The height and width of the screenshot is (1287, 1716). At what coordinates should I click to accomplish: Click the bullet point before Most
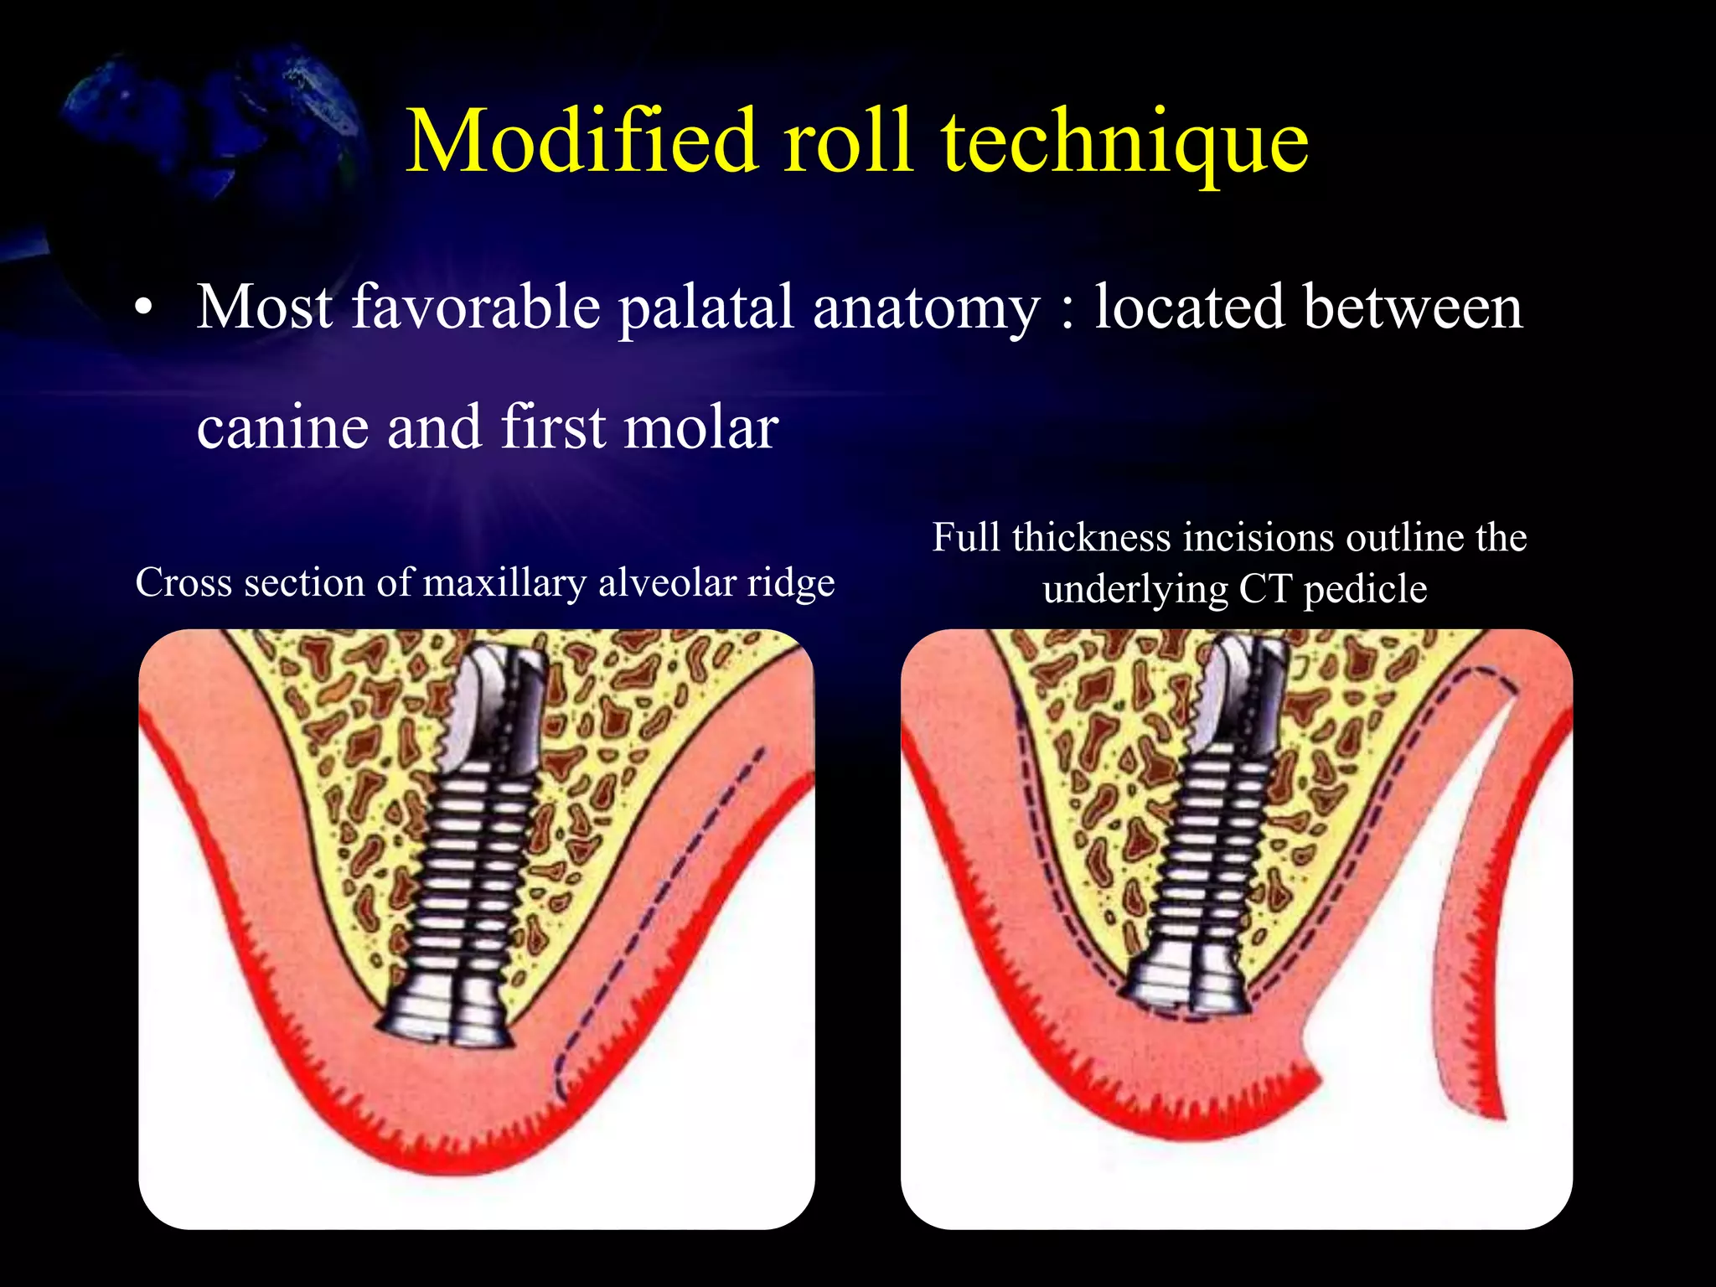144,308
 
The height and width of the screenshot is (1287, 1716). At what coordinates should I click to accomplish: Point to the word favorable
475,307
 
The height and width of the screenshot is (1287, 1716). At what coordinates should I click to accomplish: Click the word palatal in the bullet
706,308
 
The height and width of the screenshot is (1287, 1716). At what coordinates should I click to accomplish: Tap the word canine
282,427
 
